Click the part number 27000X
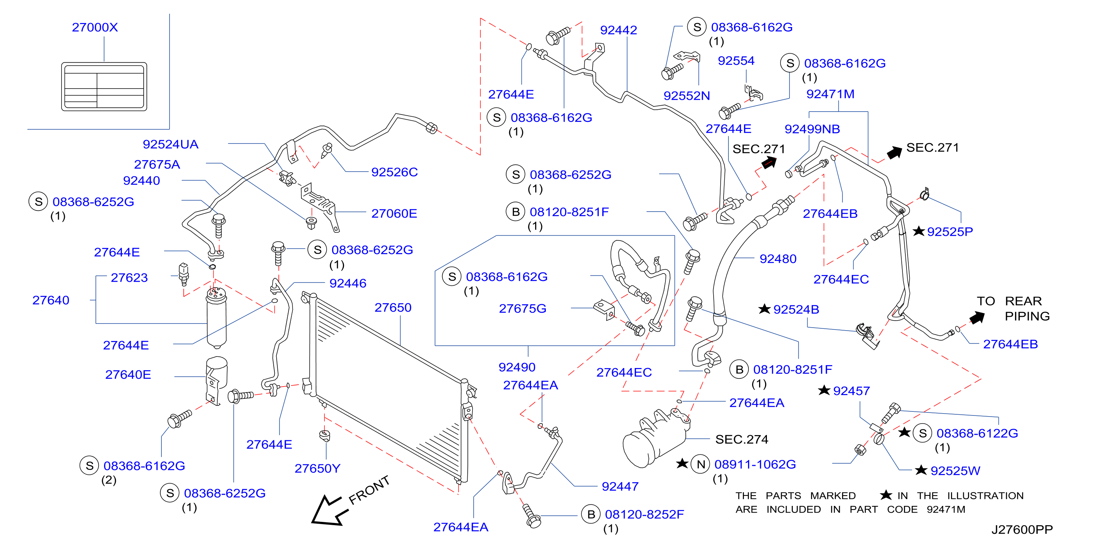pyautogui.click(x=95, y=27)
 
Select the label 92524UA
pyautogui.click(x=170, y=144)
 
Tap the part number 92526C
pyautogui.click(x=394, y=172)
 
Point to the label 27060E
pyautogui.click(x=394, y=213)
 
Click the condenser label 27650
pyautogui.click(x=393, y=307)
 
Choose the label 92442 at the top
pyautogui.click(x=618, y=30)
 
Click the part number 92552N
pyautogui.click(x=687, y=96)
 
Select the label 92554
pyautogui.click(x=736, y=60)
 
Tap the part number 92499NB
pyautogui.click(x=812, y=129)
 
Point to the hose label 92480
pyautogui.click(x=778, y=259)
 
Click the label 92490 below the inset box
pyautogui.click(x=517, y=367)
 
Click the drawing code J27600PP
pyautogui.click(x=1022, y=530)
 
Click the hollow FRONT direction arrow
pyautogui.click(x=328, y=510)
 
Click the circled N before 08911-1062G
pyautogui.click(x=701, y=464)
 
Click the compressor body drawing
pyautogui.click(x=655, y=438)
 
